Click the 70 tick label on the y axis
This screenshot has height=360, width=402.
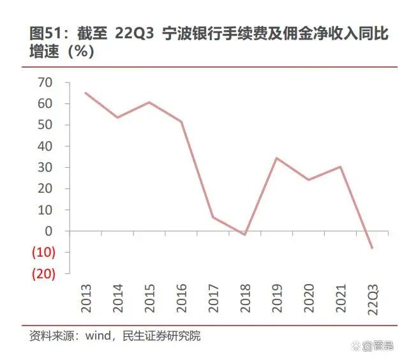(45, 82)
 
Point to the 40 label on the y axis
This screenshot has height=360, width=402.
(45, 146)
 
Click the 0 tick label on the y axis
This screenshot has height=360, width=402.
(48, 231)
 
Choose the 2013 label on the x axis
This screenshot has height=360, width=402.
(86, 298)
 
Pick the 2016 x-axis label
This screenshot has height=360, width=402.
(181, 298)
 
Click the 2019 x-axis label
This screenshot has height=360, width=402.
(276, 298)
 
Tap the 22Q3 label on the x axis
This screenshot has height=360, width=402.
(371, 298)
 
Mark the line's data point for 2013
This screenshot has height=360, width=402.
(86, 93)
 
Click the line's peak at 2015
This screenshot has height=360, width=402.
(149, 102)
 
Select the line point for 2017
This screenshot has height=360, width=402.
(213, 218)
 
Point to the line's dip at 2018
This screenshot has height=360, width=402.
(244, 235)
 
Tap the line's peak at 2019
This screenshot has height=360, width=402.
(276, 158)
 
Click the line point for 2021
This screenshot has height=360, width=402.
(339, 167)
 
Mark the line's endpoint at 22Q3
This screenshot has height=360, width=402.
(371, 248)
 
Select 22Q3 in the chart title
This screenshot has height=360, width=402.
(134, 34)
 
